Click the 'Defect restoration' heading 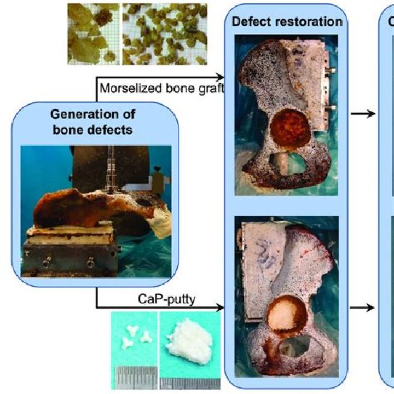[x=287, y=22]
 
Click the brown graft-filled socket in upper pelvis [x=287, y=127]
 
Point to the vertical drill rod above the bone [x=111, y=164]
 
